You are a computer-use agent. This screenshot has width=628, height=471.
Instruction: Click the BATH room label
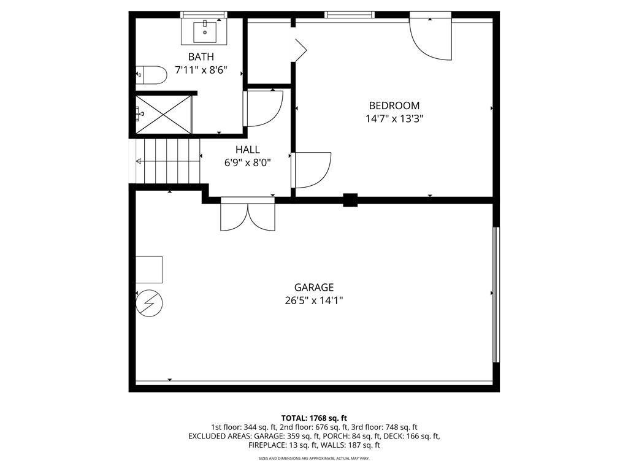pyautogui.click(x=201, y=57)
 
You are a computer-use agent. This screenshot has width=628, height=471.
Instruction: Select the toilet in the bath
pyautogui.click(x=151, y=75)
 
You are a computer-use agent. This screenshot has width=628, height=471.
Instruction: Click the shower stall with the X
pyautogui.click(x=163, y=113)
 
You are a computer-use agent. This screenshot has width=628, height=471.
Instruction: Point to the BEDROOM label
pyautogui.click(x=394, y=105)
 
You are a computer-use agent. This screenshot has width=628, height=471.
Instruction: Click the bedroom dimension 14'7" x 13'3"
pyautogui.click(x=394, y=118)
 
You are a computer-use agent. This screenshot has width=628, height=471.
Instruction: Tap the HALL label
pyautogui.click(x=247, y=150)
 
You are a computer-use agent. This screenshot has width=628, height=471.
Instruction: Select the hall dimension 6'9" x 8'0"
pyautogui.click(x=247, y=163)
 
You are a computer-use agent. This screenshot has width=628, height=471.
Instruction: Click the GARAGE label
pyautogui.click(x=313, y=287)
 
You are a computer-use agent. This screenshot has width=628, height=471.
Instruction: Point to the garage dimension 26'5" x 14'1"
pyautogui.click(x=313, y=301)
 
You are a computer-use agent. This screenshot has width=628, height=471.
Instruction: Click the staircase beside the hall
pyautogui.click(x=168, y=161)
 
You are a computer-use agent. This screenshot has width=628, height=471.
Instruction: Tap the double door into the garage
pyautogui.click(x=248, y=215)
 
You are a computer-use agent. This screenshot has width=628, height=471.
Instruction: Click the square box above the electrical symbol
pyautogui.click(x=149, y=269)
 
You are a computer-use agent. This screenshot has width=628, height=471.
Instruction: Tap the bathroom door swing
pyautogui.click(x=264, y=108)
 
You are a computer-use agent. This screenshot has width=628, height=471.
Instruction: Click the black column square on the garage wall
pyautogui.click(x=350, y=200)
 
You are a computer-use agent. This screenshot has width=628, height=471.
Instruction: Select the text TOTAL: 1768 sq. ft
pyautogui.click(x=313, y=418)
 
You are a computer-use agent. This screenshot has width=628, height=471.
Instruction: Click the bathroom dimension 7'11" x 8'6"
pyautogui.click(x=201, y=70)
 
